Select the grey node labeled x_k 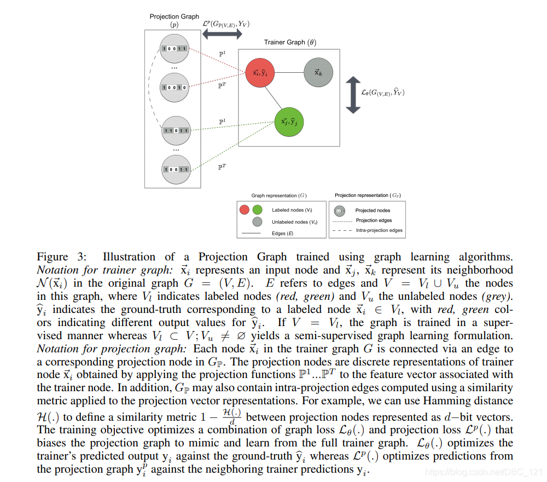coord(317,72)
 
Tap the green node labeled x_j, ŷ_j coord(289,121)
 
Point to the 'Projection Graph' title coord(174,17)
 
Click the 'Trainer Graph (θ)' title coord(290,42)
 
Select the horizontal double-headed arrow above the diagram coord(222,34)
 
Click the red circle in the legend coord(245,210)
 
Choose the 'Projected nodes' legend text coord(373,210)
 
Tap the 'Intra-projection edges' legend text coord(379,230)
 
